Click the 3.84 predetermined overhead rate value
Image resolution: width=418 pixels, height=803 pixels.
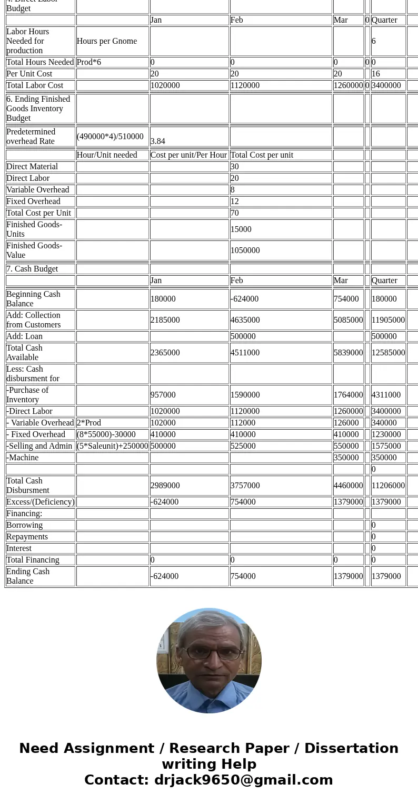[158, 141]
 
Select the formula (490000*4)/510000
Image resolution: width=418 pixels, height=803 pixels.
[110, 137]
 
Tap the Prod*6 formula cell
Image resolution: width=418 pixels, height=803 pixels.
[89, 62]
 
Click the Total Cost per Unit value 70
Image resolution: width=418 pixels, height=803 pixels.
[235, 213]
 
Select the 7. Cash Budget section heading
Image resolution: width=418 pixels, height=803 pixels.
[32, 269]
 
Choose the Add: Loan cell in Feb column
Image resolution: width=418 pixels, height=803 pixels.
[243, 336]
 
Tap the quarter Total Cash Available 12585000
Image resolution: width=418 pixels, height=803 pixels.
[388, 353]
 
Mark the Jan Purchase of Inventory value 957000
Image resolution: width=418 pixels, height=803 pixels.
[163, 395]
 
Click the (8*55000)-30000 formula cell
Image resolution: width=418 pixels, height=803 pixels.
[106, 434]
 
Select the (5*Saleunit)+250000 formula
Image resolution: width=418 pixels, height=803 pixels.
[113, 446]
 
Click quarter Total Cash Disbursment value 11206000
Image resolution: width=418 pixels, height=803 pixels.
[388, 486]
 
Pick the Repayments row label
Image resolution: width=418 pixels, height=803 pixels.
[27, 537]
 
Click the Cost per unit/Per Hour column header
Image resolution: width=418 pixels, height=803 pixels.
[189, 155]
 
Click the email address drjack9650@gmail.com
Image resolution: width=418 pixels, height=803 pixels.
[243, 780]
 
